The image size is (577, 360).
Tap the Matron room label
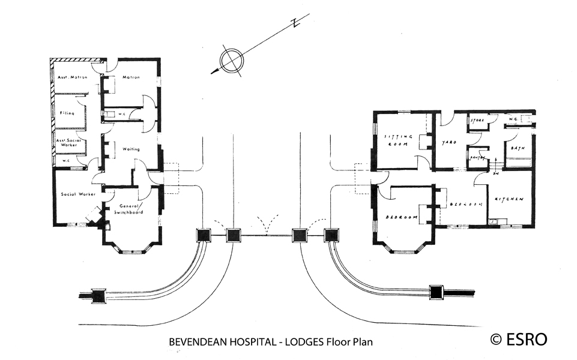click(131, 77)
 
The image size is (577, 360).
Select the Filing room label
click(67, 112)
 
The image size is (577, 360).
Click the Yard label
click(449, 143)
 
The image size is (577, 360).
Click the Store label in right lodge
click(477, 121)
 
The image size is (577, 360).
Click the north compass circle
click(232, 61)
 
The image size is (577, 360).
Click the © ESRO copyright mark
click(519, 339)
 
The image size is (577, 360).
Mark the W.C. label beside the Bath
click(513, 119)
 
